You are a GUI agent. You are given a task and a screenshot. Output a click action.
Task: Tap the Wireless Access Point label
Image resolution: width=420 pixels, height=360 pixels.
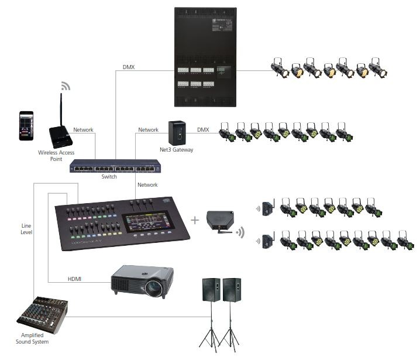click(56, 156)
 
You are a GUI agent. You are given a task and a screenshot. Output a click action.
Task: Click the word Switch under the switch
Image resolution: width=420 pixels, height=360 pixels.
click(109, 177)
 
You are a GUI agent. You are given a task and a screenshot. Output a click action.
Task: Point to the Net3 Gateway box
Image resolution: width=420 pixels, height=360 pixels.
click(177, 133)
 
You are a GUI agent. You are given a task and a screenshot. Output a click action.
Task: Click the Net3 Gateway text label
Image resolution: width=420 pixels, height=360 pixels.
click(177, 150)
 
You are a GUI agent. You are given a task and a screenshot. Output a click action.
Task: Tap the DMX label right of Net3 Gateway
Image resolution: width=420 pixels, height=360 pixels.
click(203, 129)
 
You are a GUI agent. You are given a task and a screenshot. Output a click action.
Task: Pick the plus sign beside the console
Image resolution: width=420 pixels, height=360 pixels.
click(195, 220)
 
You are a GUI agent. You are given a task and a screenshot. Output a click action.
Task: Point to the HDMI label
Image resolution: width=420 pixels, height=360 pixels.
click(74, 279)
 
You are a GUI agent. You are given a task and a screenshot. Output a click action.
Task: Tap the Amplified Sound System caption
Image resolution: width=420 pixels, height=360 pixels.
click(32, 338)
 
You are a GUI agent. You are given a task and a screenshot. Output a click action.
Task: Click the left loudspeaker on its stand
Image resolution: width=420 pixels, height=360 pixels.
click(211, 291)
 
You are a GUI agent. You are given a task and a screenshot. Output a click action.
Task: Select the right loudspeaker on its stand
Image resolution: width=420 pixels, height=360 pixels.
click(232, 291)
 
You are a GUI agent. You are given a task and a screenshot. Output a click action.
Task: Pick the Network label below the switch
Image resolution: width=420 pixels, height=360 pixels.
click(147, 185)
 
